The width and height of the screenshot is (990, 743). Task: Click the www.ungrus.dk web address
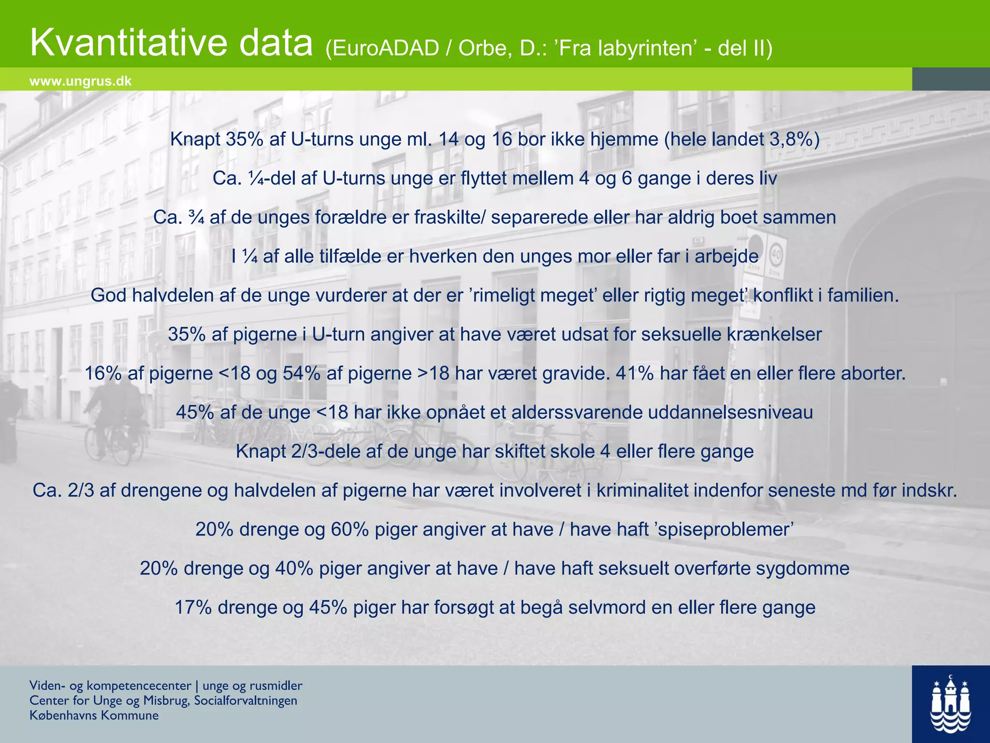[80, 81]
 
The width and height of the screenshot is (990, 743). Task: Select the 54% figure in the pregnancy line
[302, 373]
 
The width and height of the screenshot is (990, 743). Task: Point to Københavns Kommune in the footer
[94, 715]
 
